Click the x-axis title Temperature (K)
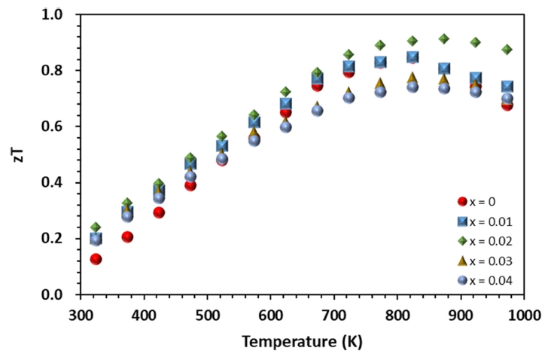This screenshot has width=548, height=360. (302, 341)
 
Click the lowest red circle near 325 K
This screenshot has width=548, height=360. (96, 259)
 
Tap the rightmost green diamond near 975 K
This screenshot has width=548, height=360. (507, 50)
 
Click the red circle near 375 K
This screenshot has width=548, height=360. (127, 237)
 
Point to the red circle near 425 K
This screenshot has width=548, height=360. (159, 212)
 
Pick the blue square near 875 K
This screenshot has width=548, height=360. (444, 69)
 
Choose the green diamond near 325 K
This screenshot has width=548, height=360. (96, 227)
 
